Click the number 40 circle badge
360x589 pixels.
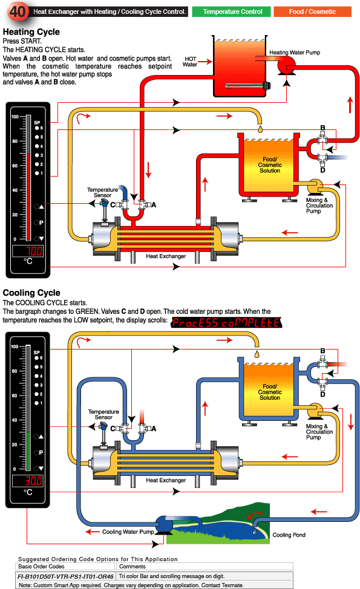18,11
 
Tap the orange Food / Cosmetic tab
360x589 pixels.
312,11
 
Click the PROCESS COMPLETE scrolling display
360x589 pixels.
226,322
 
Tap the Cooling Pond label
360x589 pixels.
289,535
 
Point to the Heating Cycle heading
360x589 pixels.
31,31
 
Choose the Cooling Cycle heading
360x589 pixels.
31,293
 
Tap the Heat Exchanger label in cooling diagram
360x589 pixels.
166,481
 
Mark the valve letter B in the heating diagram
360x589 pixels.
322,128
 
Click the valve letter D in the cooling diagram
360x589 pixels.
322,394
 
